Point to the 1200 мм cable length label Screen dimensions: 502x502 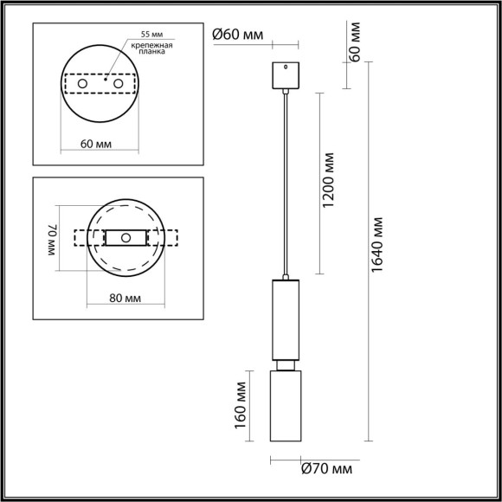tap(327, 182)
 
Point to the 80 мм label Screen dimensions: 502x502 tap(126, 298)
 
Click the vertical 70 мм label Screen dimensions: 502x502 tap(51, 238)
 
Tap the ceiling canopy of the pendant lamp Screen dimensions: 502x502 tap(285, 76)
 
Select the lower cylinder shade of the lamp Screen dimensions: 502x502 tap(285, 402)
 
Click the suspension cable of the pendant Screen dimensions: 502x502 tap(285, 182)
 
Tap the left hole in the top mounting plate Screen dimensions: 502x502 tap(82, 84)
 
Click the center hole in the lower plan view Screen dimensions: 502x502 tap(126, 237)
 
